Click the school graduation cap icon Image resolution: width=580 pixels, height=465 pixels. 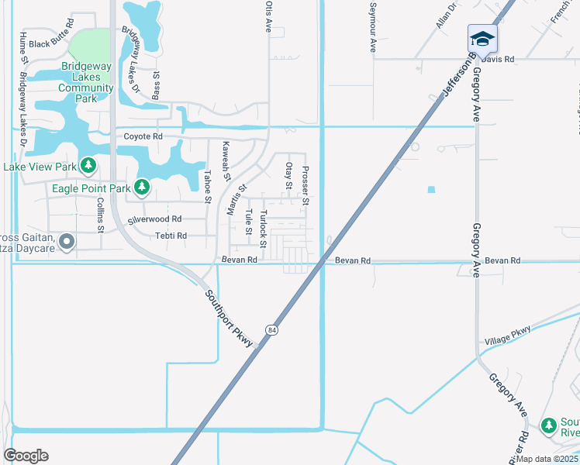point(482,38)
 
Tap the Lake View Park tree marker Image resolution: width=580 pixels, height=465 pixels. point(89,166)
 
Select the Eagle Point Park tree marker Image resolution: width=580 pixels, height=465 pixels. point(141,187)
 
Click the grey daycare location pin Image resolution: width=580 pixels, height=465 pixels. point(67,243)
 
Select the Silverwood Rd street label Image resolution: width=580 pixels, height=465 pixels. point(154,219)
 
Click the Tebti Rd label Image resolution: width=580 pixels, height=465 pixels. point(171,236)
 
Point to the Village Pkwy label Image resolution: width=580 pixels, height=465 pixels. point(508,336)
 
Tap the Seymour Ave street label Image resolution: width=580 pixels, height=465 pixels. point(373,34)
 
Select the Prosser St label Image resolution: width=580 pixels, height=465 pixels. point(306,186)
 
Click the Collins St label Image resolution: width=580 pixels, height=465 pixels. point(101,215)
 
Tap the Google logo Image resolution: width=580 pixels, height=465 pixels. point(26,456)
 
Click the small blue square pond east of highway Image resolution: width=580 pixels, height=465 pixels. point(431,189)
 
